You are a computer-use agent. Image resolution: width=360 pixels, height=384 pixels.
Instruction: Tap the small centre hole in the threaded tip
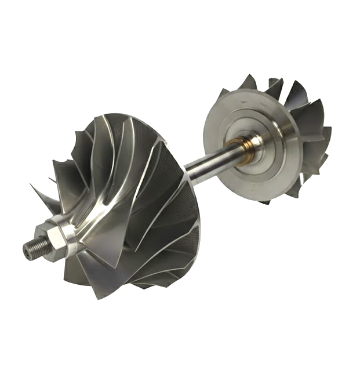[x=27, y=251]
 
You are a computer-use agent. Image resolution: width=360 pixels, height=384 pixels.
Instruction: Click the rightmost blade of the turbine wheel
[x=325, y=139]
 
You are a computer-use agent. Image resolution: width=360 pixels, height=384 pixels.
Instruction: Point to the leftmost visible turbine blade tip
[x=223, y=93]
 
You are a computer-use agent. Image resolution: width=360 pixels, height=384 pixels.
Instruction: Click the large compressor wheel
[x=133, y=203]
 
